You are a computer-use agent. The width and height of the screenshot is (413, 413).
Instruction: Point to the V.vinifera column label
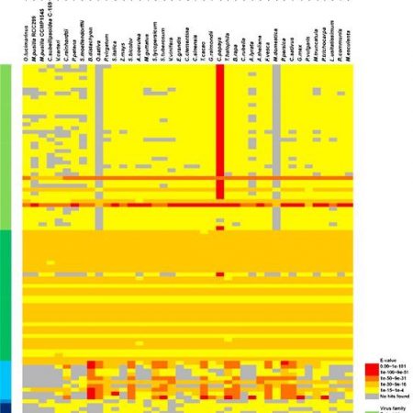click(166, 51)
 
